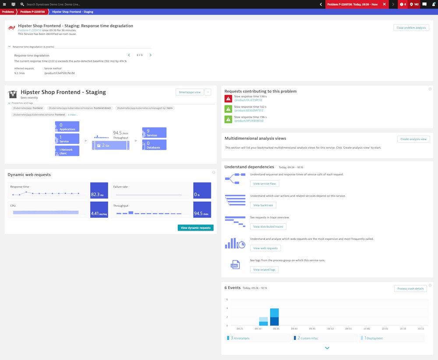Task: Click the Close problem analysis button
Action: tap(411, 28)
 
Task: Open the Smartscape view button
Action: tap(190, 92)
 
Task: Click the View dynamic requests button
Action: tap(195, 228)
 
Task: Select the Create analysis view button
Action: tap(413, 139)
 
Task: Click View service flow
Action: tap(264, 184)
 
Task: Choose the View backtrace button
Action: tap(263, 205)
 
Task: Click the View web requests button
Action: tap(265, 248)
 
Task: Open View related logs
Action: tap(264, 270)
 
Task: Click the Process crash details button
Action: tap(410, 289)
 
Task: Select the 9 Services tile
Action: tap(154, 132)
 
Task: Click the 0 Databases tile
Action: tap(154, 145)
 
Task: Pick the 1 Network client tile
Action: tap(67, 151)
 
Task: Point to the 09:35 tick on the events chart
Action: tap(276, 328)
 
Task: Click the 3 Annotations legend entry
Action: tap(239, 338)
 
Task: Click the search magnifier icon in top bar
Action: tap(22, 4)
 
